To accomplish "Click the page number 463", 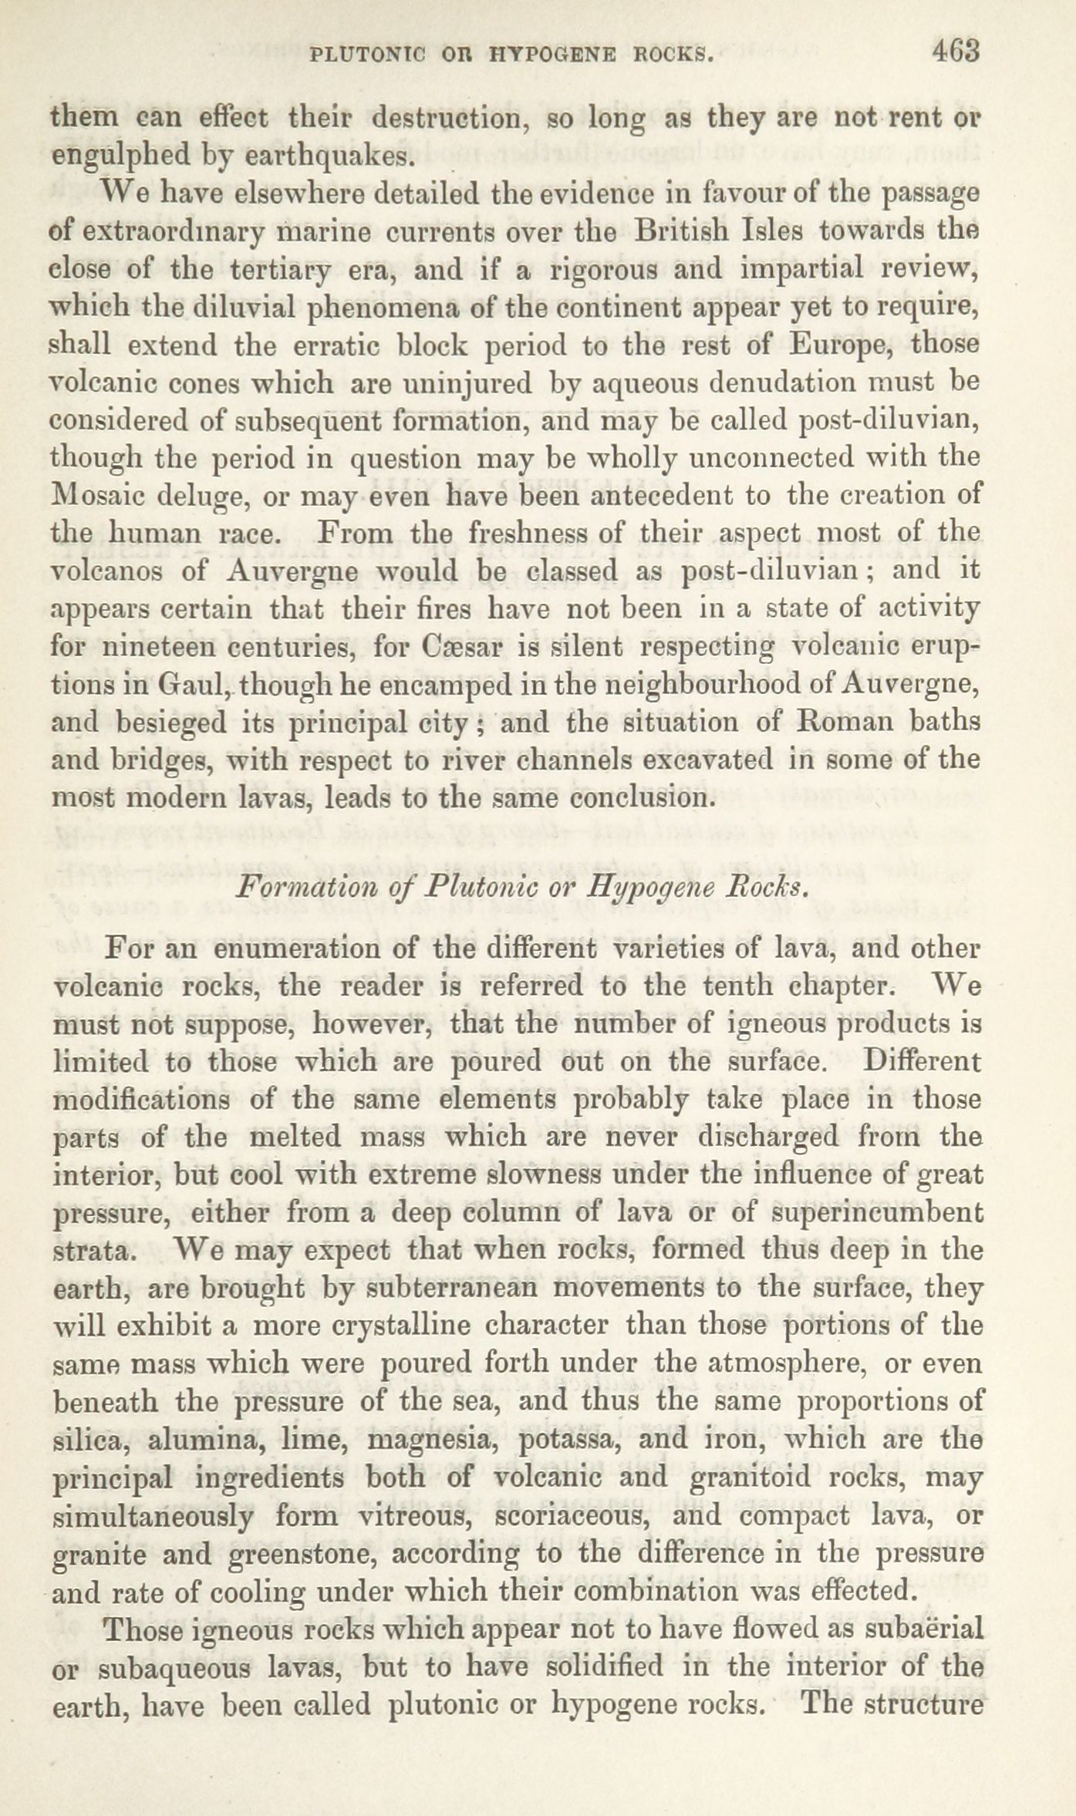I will [955, 52].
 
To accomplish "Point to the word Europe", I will [842, 345].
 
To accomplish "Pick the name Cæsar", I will [461, 647].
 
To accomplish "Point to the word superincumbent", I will [876, 1213].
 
